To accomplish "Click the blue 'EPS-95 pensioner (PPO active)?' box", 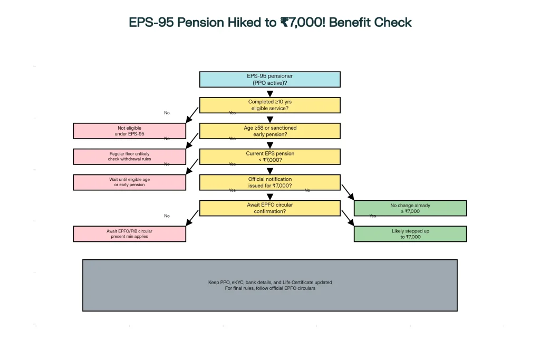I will pos(269,80).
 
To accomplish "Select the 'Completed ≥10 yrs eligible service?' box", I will pos(269,105).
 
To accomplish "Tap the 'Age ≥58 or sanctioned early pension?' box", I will pos(269,131).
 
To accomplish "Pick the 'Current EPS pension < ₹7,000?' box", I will pos(269,157).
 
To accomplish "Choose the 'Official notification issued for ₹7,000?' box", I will pos(269,182).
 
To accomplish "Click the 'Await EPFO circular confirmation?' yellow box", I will pos(269,208).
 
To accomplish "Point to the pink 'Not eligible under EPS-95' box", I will pos(129,131).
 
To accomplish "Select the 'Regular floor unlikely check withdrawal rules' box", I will pos(129,157).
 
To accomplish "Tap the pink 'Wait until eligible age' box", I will pos(129,182).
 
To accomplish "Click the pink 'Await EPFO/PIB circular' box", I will pos(129,233).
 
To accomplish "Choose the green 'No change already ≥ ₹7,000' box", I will pos(410,208).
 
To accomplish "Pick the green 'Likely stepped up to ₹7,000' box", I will pos(410,233).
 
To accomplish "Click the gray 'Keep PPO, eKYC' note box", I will pos(269,285).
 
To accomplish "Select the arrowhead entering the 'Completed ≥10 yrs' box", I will pos(270,94).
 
